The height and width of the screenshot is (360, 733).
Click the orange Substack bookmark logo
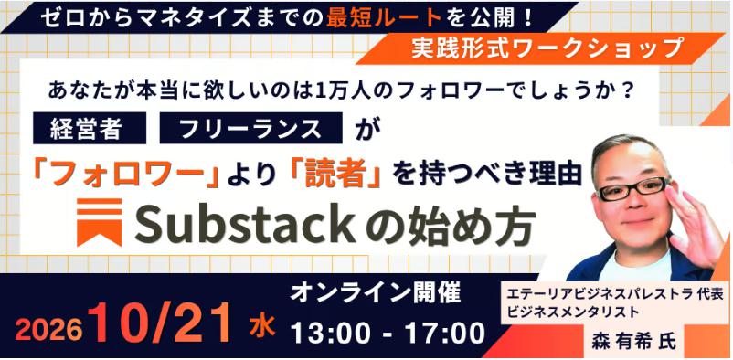pyautogui.click(x=100, y=222)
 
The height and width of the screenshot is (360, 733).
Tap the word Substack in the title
pyautogui.click(x=248, y=225)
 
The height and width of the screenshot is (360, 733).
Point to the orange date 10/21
pyautogui.click(x=165, y=323)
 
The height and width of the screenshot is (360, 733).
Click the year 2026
pyautogui.click(x=49, y=332)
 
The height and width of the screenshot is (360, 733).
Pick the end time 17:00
pyautogui.click(x=443, y=334)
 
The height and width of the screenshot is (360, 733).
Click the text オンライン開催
pyautogui.click(x=375, y=293)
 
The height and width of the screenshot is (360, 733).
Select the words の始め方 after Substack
pyautogui.click(x=451, y=225)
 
